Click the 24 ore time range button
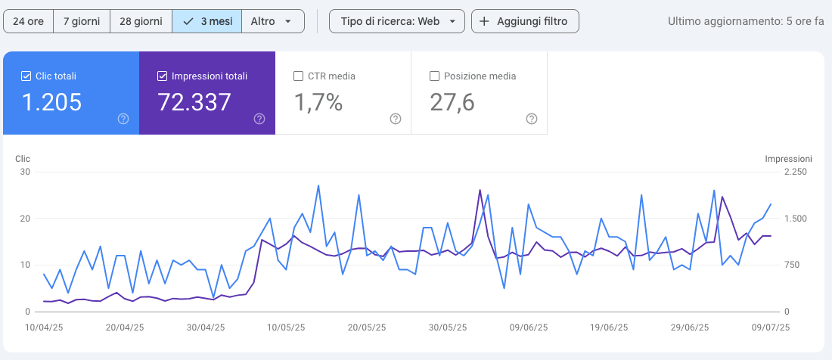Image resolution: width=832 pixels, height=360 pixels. coord(29,22)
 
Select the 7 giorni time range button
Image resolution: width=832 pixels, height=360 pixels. coord(82,22)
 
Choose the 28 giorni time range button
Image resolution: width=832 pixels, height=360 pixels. coord(141,22)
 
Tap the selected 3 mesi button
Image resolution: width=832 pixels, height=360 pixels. coord(207,22)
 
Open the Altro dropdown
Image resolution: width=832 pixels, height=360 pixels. coord(273,22)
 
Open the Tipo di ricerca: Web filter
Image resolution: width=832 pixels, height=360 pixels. coord(397,22)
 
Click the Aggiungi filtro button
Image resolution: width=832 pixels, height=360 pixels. coord(525,22)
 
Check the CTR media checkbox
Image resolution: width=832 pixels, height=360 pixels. coord(298,76)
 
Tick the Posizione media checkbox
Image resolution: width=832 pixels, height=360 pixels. coord(434,76)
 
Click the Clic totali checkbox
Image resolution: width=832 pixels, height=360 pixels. coord(26,76)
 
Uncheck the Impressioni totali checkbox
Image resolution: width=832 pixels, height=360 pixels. coord(163,76)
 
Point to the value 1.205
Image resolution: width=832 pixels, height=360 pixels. coord(51,102)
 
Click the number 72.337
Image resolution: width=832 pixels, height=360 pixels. coord(194,102)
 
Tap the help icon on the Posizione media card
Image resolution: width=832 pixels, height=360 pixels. coord(532,119)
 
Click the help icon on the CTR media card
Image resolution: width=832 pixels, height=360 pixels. coord(396,119)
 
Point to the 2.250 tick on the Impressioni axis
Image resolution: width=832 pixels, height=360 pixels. coord(796,172)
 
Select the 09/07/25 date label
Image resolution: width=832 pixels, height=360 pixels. coord(771,327)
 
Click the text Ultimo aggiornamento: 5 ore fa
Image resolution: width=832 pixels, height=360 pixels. coord(746,22)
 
